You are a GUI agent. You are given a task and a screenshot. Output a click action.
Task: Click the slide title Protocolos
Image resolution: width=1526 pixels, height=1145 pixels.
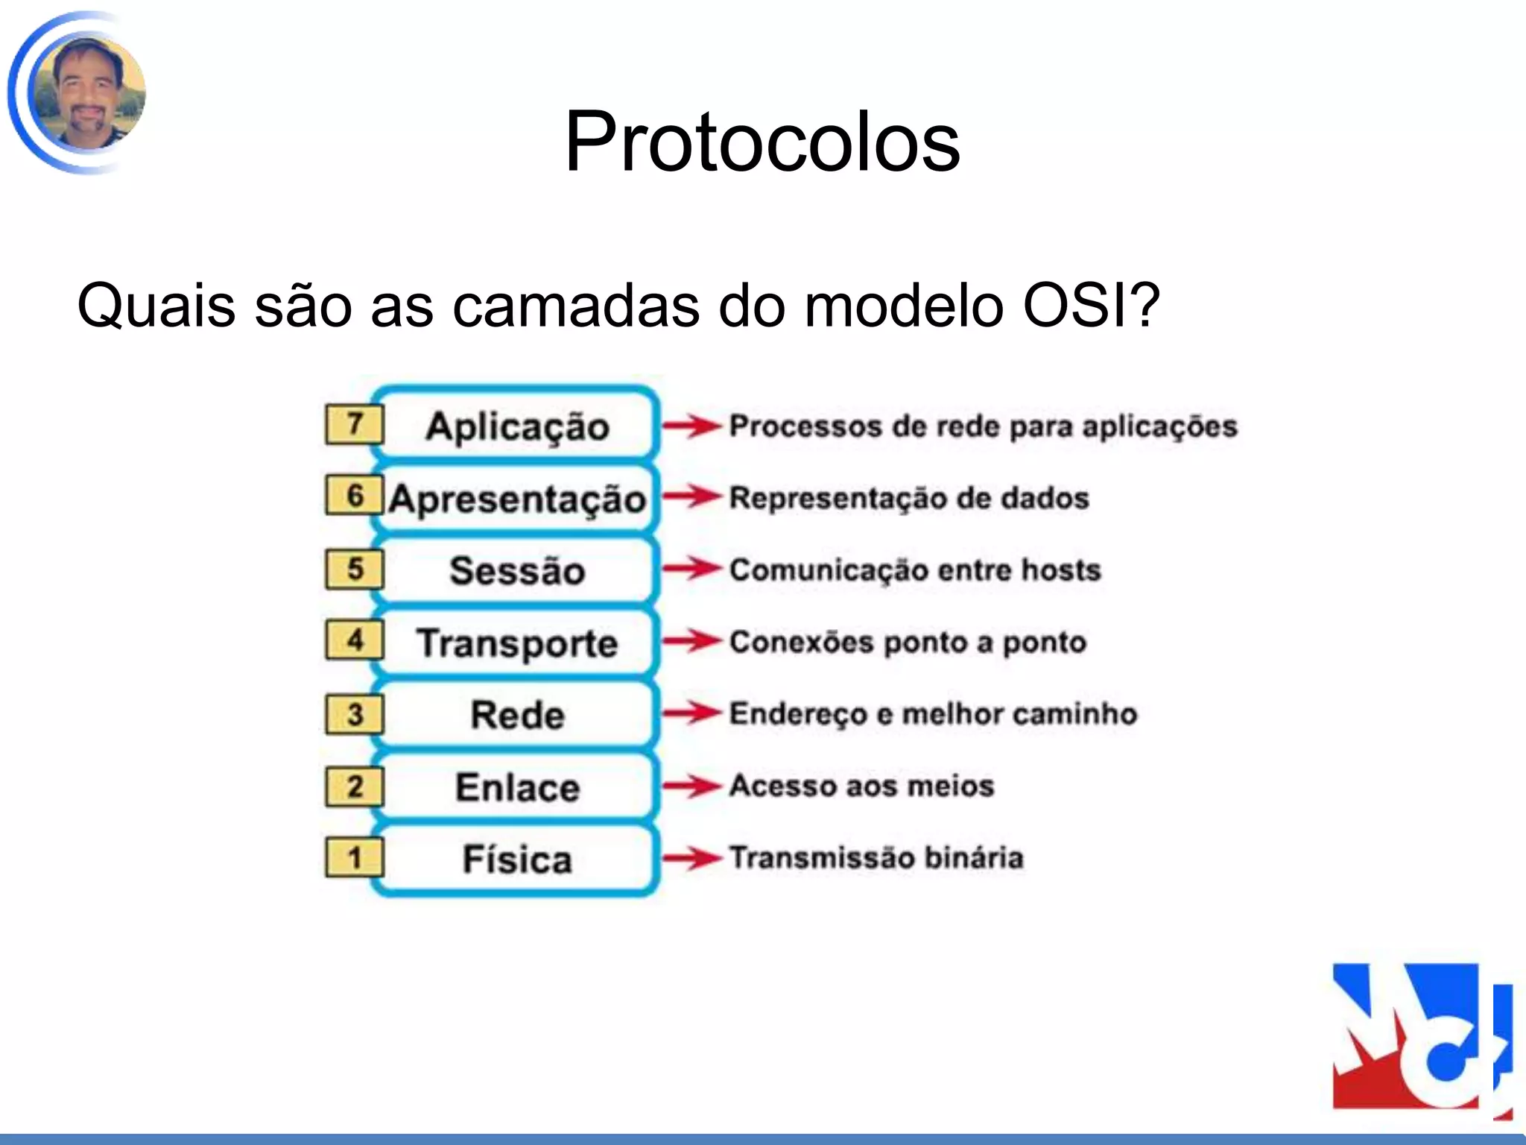coord(762,142)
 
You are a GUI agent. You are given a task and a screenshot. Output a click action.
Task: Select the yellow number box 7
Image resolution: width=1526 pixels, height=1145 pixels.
coord(355,424)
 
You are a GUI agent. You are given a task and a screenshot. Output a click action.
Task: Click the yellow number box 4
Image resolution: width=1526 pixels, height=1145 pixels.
coord(355,640)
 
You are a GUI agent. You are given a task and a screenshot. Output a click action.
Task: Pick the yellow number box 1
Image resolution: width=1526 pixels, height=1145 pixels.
coord(355,857)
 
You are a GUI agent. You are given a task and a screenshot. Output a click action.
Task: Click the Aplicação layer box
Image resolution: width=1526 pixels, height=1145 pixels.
coord(517,426)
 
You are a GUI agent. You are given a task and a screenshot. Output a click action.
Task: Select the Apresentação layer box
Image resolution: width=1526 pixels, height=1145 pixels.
coord(517,498)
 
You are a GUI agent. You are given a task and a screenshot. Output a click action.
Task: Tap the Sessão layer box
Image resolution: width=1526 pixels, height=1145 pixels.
coord(517,570)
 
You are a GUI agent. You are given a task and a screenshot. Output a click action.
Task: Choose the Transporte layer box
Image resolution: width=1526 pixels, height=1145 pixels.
coord(517,643)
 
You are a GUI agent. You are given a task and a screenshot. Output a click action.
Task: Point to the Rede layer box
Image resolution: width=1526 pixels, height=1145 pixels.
coord(517,714)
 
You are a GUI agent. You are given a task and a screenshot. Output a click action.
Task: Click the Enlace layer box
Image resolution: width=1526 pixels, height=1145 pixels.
coord(517,786)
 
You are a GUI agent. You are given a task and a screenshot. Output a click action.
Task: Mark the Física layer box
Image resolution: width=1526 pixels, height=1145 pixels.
coord(517,859)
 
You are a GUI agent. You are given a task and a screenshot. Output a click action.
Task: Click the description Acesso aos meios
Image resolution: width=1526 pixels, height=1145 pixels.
coord(861,786)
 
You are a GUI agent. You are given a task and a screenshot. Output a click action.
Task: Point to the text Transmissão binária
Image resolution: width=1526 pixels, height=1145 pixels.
coord(876,857)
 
